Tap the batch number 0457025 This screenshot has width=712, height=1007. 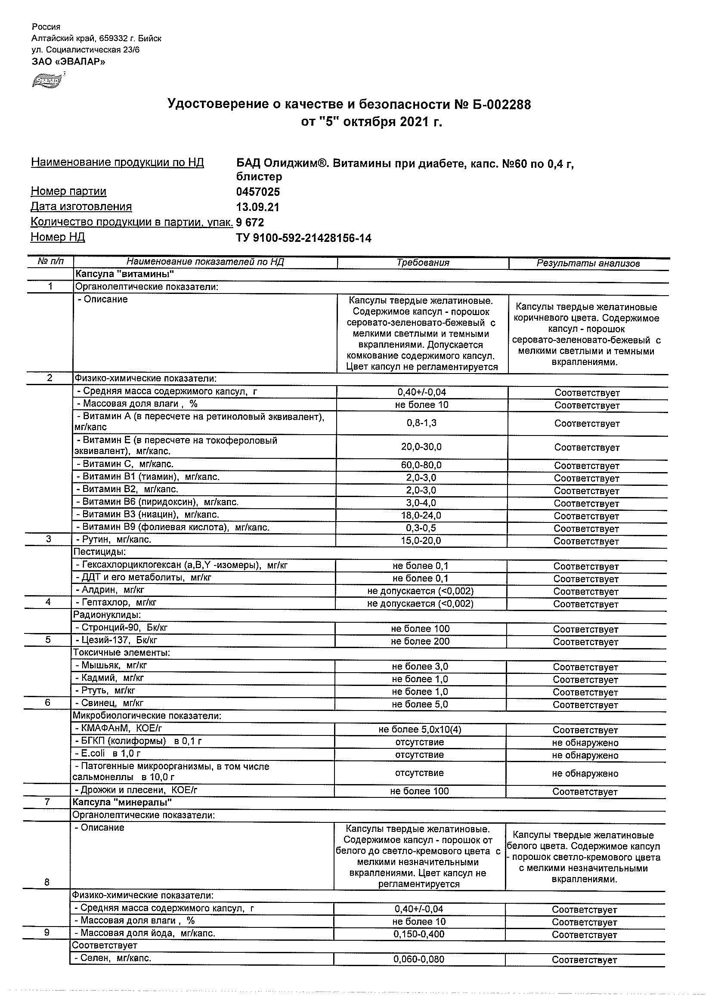258,192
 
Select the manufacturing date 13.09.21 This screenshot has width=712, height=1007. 257,207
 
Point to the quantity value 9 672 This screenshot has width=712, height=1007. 250,222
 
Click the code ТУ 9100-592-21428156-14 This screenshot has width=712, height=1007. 303,238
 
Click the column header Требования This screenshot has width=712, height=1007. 423,263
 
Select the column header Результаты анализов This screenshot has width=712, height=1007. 588,264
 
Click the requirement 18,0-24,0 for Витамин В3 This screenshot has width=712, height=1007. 421,516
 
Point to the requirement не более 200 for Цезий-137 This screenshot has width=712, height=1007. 420,641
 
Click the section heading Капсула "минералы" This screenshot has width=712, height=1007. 122,802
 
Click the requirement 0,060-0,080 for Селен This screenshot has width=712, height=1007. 419,959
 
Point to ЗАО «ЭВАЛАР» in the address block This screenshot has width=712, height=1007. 68,62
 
